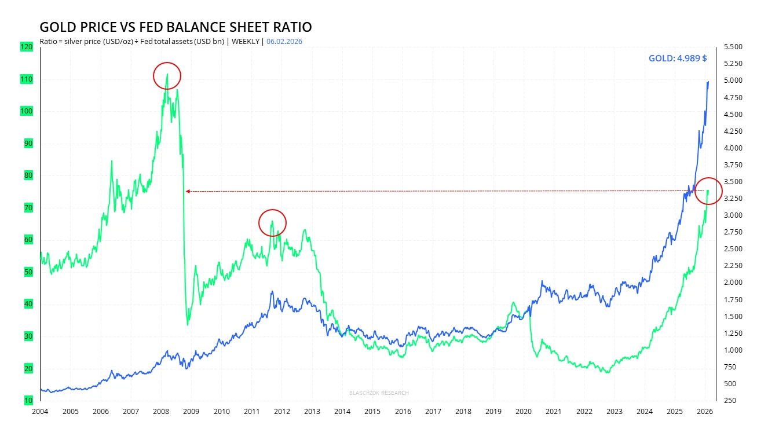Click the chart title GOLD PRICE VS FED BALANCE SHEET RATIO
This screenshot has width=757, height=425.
pos(175,27)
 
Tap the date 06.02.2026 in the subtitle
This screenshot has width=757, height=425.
pos(284,41)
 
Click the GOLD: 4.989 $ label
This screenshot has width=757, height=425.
pos(677,58)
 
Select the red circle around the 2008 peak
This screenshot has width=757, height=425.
pos(167,76)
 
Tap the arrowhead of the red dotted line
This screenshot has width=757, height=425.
pos(187,191)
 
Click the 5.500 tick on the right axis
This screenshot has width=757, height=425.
pos(733,47)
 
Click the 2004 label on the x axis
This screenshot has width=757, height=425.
pos(41,412)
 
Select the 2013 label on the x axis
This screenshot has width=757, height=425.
pos(312,412)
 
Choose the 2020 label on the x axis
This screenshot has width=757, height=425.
pos(524,412)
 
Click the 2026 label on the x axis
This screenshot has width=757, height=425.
pos(705,412)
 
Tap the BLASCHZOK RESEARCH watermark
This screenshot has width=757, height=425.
pos(379,393)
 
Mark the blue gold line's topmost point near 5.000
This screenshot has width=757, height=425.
pos(708,82)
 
